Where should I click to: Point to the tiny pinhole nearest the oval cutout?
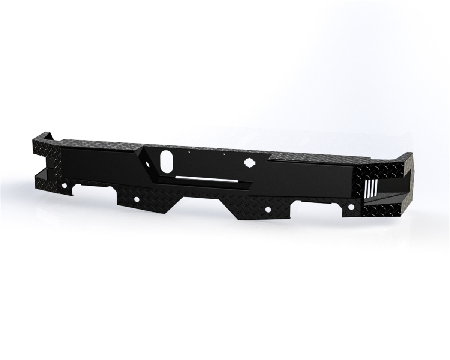(x=189, y=153)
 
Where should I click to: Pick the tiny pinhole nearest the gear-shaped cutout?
(x=224, y=154)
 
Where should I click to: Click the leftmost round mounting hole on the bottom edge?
(x=65, y=186)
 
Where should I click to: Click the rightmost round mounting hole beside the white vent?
(x=351, y=207)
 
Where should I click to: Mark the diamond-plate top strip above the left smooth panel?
(x=97, y=143)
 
